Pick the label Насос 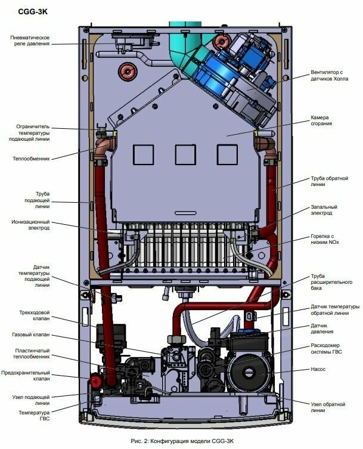(x=318, y=369)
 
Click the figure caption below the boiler (x=181, y=440)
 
